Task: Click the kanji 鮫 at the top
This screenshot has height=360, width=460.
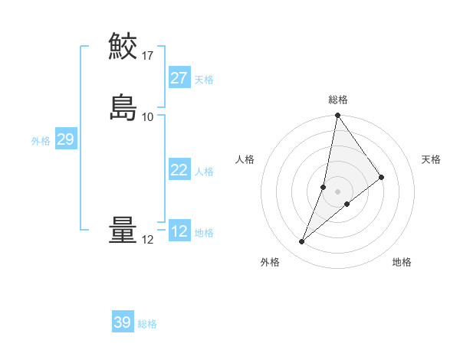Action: coord(123,46)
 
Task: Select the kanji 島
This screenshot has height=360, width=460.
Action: coord(123,106)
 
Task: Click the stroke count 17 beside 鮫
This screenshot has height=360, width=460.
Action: coord(148,55)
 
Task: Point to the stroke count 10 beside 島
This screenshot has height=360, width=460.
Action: coord(148,116)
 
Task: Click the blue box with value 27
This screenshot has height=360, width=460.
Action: coord(179,78)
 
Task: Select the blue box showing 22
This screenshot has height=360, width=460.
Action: coord(179,170)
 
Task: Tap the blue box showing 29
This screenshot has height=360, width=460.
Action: coord(65,139)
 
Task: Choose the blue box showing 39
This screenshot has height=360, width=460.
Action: coord(123,322)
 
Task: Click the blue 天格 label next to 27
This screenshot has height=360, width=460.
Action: coord(204,80)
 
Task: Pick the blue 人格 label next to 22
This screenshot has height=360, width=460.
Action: coord(204,172)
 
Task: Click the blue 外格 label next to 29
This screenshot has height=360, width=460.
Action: coord(41,141)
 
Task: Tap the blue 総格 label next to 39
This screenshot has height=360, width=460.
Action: coord(147,324)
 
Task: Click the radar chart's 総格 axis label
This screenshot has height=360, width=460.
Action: coord(338,100)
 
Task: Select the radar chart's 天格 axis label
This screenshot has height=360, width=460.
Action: coord(432,159)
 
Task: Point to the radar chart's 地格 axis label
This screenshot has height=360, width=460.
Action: coord(402,262)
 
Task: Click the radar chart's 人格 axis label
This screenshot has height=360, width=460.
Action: coord(245,159)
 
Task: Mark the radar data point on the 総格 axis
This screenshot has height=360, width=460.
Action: coord(338,116)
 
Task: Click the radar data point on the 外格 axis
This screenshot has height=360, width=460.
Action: coord(302,242)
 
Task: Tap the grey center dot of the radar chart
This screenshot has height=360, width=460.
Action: coord(338,191)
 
